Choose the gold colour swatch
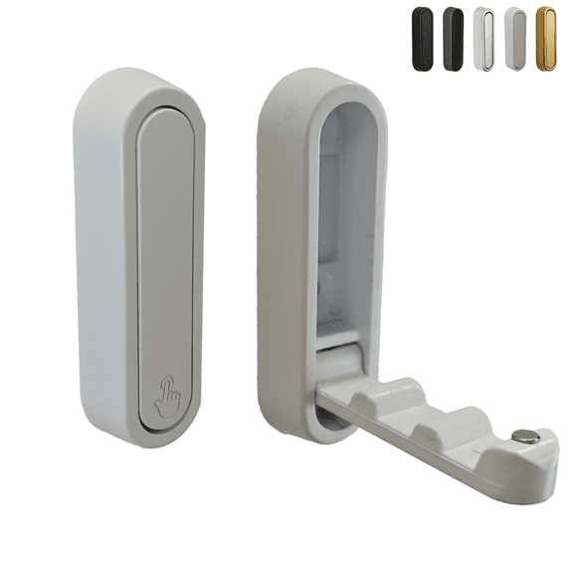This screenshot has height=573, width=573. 546,38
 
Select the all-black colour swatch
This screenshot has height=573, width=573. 423,38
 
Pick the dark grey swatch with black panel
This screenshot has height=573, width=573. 454,38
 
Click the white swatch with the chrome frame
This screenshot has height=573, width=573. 484,38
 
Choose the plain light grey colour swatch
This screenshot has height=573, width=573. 515,38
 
